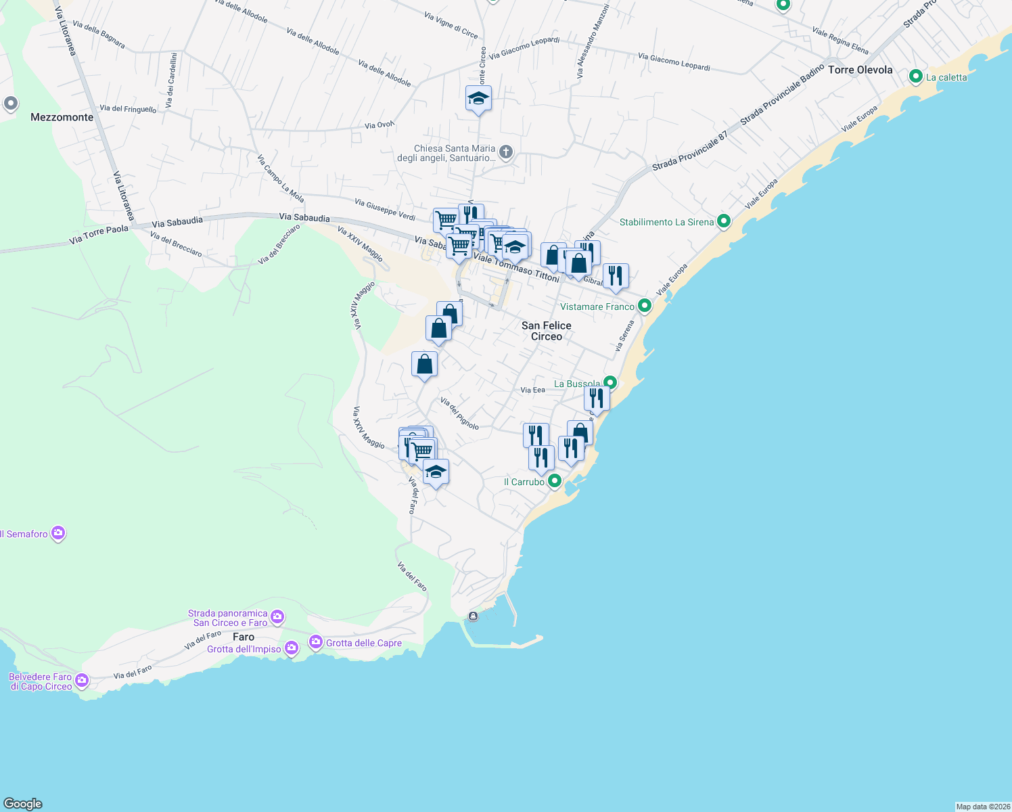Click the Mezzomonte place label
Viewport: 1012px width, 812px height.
[62, 117]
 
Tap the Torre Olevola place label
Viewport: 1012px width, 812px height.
[860, 70]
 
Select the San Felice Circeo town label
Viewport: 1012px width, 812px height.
[547, 331]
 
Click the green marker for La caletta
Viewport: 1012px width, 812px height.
[916, 76]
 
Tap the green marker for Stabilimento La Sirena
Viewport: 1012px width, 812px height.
[724, 221]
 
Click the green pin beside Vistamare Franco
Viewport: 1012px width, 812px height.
[645, 306]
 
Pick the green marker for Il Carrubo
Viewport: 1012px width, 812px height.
[554, 481]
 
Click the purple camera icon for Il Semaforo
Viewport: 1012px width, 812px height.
[58, 533]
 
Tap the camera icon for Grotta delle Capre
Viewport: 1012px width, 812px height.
[316, 642]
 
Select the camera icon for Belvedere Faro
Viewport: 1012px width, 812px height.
[82, 680]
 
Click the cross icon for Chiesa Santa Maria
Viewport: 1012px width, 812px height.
[506, 152]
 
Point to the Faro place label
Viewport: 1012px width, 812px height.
[244, 637]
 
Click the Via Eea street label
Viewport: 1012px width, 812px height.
[532, 390]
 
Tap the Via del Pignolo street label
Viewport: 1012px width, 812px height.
[459, 413]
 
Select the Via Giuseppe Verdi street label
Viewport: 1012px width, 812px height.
[385, 209]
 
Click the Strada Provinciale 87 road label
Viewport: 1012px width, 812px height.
[689, 151]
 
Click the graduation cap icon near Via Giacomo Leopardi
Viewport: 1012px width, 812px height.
[478, 99]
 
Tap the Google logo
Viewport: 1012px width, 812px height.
[23, 803]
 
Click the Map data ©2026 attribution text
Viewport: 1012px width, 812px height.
[982, 807]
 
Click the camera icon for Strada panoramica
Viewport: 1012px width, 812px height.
[277, 616]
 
